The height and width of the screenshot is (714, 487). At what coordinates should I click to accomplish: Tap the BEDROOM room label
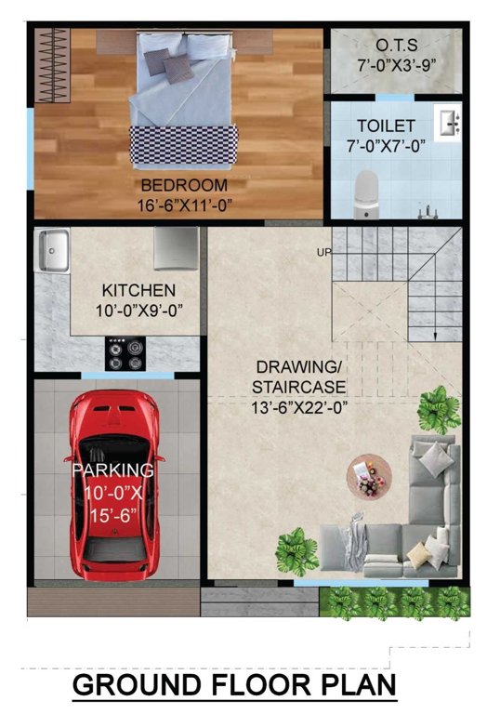coord(184,185)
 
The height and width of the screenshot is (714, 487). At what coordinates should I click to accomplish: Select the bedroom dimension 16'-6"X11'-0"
coord(184,204)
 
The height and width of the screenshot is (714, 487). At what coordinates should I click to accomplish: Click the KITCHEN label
coord(138,290)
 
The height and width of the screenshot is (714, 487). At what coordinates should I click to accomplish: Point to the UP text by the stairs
coord(323,252)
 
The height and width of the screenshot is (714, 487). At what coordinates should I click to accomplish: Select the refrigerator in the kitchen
coord(177,247)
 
